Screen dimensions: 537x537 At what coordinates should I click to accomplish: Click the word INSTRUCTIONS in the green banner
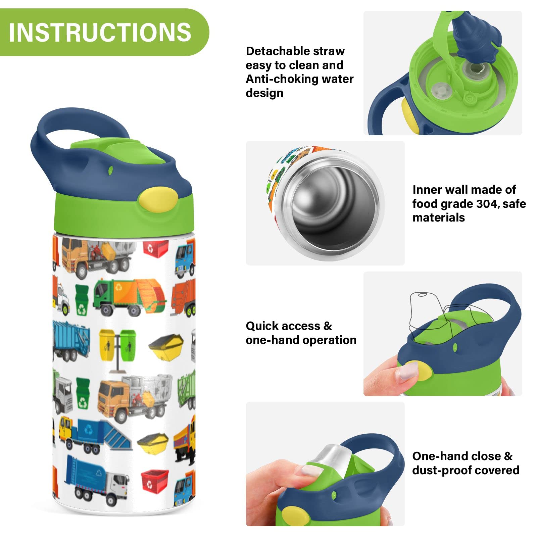pyautogui.click(x=100, y=32)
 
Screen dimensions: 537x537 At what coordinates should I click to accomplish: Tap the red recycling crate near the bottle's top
pyautogui.click(x=155, y=247)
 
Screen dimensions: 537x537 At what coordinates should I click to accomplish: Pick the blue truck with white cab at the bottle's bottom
pyautogui.click(x=97, y=480)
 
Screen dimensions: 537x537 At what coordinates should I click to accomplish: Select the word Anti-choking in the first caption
pyautogui.click(x=282, y=79)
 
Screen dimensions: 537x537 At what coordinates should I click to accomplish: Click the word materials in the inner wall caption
pyautogui.click(x=439, y=218)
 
